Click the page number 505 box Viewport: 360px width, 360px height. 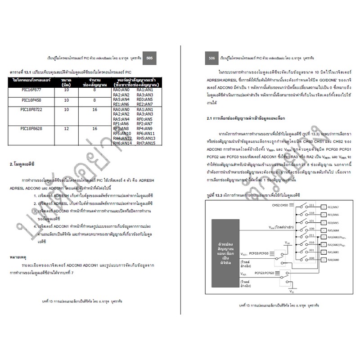pyautogui.click(x=149, y=58)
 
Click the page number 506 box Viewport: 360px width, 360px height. pyautogui.click(x=211, y=58)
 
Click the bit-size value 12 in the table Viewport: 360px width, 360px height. pyautogui.click(x=67, y=129)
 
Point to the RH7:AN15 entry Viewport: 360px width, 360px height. pyautogui.click(x=146, y=143)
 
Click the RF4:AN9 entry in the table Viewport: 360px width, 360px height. pyautogui.click(x=146, y=129)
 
